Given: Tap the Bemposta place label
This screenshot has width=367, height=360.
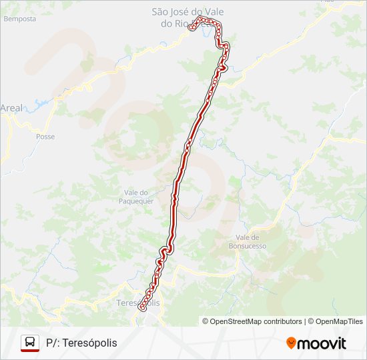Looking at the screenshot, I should [x=19, y=19].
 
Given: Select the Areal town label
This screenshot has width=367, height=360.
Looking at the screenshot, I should [x=11, y=107].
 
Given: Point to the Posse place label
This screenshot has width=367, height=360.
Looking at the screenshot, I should [x=45, y=137].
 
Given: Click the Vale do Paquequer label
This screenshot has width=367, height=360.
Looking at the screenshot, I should [x=136, y=197].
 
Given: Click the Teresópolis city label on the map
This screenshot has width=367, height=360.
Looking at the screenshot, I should [x=138, y=303].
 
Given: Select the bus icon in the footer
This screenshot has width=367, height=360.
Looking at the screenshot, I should [x=30, y=343].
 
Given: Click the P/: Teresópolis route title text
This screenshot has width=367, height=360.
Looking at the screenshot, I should [x=81, y=343].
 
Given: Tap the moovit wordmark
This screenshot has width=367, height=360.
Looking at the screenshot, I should [x=321, y=343].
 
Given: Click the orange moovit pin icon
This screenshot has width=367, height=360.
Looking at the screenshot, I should [x=291, y=343].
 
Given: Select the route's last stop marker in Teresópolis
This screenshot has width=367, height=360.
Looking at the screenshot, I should [x=141, y=308].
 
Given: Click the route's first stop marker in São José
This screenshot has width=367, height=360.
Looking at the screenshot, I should [x=192, y=28].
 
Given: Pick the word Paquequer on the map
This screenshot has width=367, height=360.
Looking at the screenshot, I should [x=136, y=201].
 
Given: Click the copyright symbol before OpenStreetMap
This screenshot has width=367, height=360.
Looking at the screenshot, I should [x=206, y=321].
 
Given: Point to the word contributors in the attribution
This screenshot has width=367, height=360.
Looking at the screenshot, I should [x=283, y=321].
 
